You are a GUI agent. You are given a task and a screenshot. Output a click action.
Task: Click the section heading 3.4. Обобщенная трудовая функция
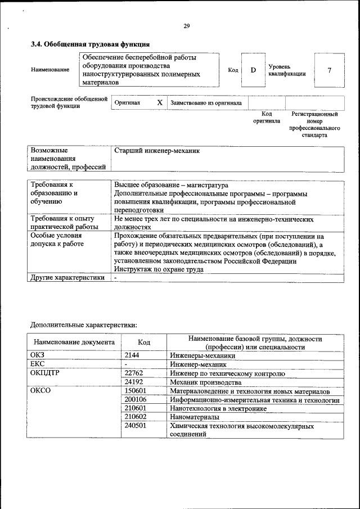click(90, 44)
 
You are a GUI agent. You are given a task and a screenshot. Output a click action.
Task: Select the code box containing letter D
click(253, 70)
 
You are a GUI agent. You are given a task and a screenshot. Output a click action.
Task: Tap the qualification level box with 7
click(329, 70)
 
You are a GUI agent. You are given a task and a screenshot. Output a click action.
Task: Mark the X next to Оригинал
click(160, 103)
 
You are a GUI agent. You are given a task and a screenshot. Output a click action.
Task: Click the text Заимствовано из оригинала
click(206, 103)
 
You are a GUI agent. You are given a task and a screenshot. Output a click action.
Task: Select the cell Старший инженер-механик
click(157, 151)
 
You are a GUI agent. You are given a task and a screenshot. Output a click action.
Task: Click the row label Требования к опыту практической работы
click(63, 222)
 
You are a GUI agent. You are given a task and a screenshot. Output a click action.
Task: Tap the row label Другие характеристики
click(67, 277)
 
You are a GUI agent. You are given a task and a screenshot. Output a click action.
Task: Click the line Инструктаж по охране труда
click(159, 269)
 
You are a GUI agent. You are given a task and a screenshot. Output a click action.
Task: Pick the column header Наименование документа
click(74, 342)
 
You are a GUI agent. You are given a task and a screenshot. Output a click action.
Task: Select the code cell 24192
click(134, 382)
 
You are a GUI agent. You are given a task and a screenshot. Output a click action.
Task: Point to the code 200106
click(136, 399)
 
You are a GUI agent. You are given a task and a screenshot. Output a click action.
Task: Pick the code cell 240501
click(136, 426)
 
